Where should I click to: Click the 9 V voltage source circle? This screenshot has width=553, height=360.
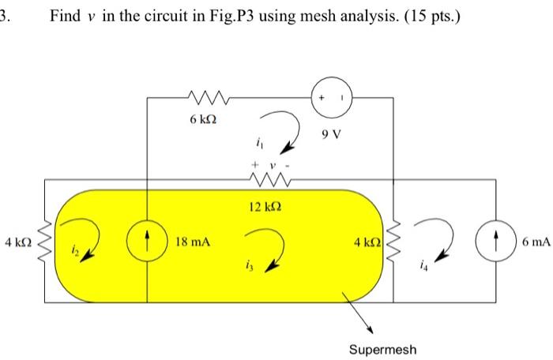click(x=331, y=97)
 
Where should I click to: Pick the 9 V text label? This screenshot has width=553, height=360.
click(x=333, y=133)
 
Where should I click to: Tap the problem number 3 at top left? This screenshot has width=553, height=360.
click(x=5, y=15)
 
